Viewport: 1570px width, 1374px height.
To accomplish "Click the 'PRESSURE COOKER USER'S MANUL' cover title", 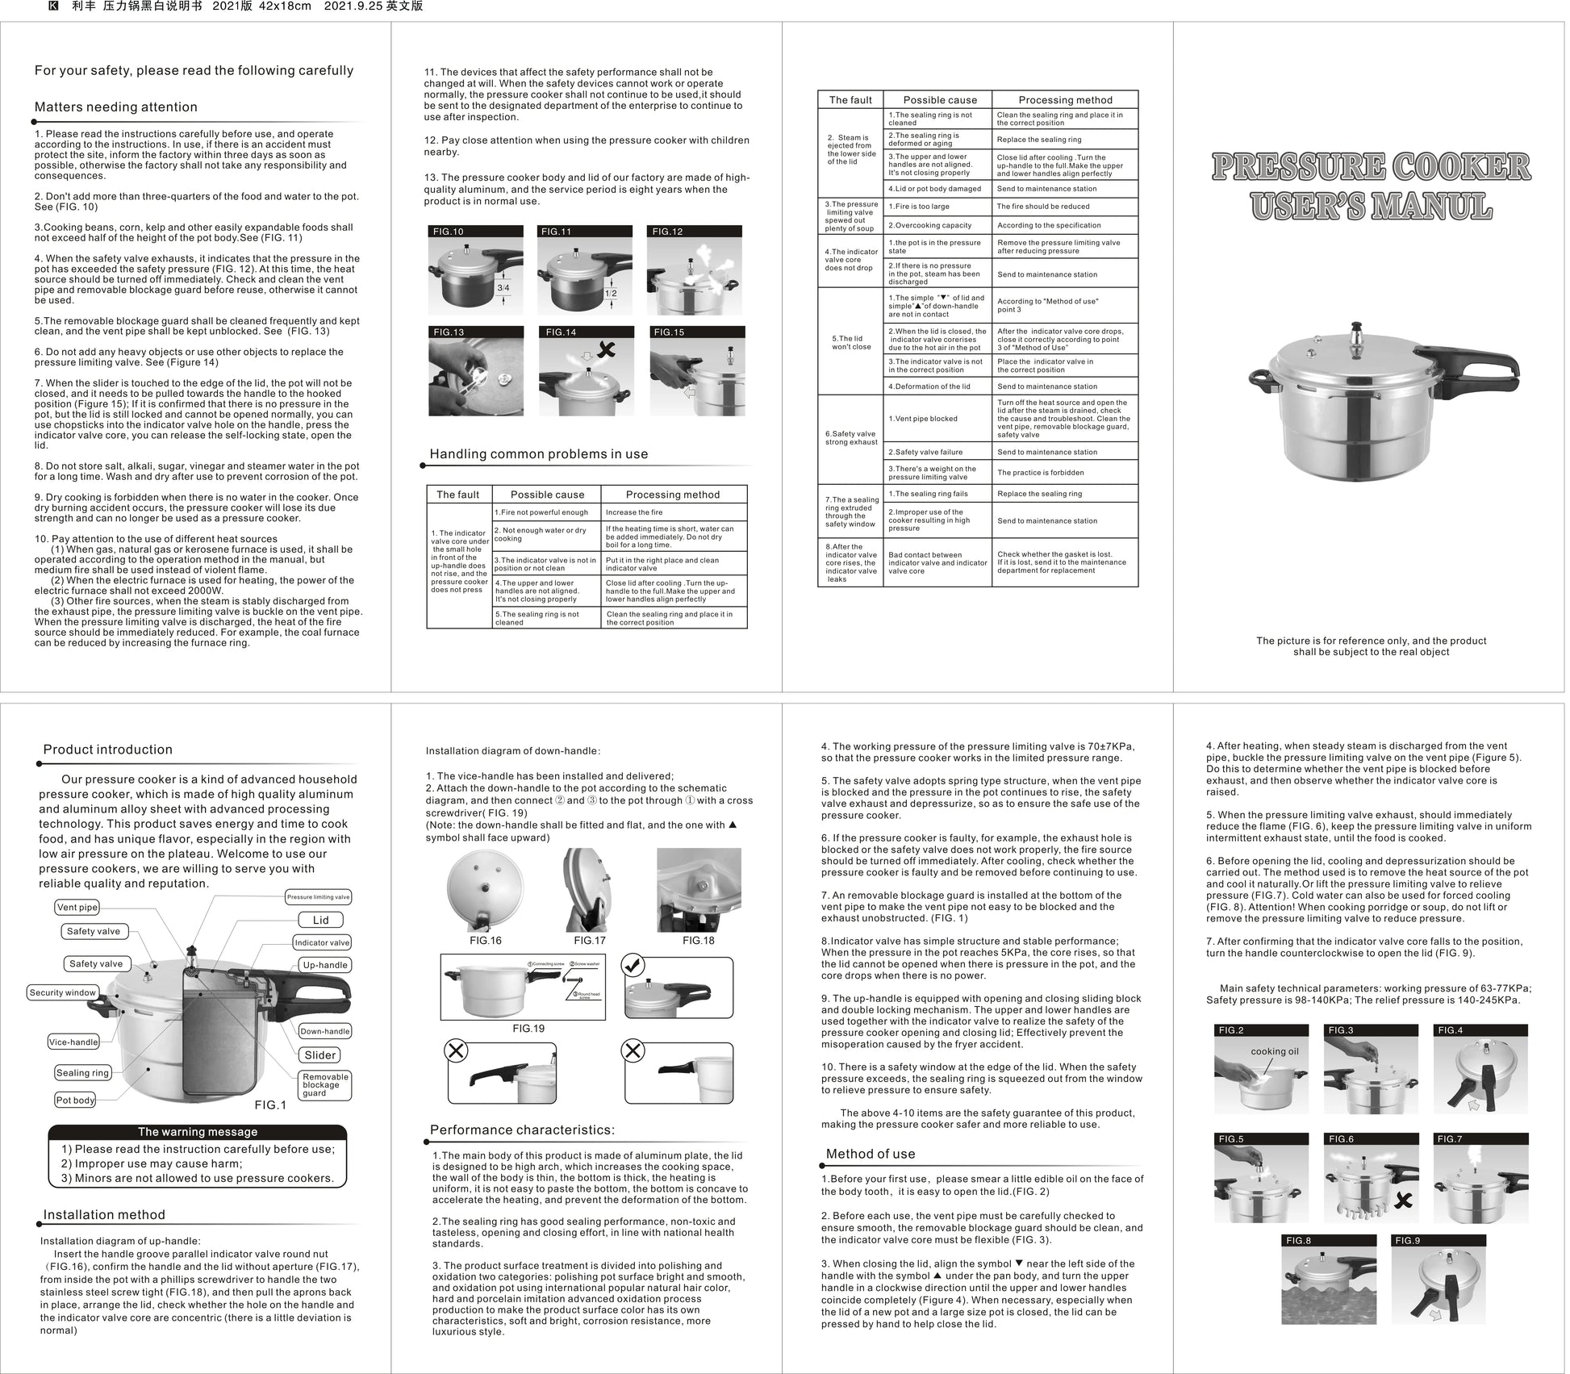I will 1371,186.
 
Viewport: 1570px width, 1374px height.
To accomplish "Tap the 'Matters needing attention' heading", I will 115,107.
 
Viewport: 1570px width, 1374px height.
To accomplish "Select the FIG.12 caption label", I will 668,232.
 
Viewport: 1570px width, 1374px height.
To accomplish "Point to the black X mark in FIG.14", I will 606,349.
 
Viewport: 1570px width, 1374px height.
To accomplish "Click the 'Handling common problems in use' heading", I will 538,454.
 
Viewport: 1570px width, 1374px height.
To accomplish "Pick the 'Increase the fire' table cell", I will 634,512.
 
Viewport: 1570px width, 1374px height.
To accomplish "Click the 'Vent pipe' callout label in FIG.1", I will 77,907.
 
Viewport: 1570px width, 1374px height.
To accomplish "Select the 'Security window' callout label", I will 62,992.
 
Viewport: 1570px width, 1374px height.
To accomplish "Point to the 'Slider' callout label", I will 320,1055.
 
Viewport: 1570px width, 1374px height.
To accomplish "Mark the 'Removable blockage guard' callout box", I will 325,1084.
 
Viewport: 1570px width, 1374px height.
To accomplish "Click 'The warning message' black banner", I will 198,1132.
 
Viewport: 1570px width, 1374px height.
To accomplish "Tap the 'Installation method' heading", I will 104,1215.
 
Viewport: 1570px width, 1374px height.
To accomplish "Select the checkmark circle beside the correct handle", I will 633,966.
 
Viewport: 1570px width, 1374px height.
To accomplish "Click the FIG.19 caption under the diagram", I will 528,1029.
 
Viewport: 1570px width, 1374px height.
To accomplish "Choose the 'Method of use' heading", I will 871,1154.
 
